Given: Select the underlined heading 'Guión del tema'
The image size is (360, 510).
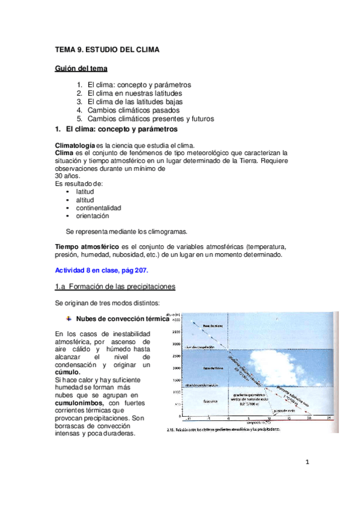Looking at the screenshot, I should pyautogui.click(x=81, y=69).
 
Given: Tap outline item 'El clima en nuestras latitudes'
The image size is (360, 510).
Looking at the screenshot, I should pyautogui.click(x=135, y=94).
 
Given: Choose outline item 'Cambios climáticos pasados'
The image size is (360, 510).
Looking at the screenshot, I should pyautogui.click(x=130, y=111).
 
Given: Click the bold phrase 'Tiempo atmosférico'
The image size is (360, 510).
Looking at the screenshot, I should pyautogui.click(x=87, y=247).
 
